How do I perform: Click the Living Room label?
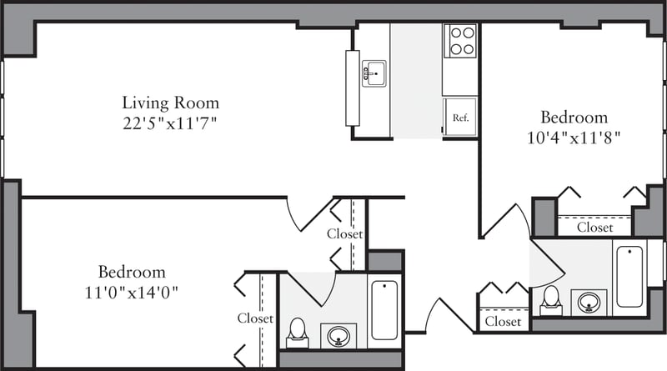pyautogui.click(x=171, y=103)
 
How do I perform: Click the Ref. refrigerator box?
pyautogui.click(x=460, y=118)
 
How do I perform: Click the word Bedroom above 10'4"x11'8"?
pyautogui.click(x=574, y=117)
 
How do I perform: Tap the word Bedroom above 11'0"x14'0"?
pyautogui.click(x=132, y=273)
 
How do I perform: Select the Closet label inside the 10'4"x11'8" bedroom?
pyautogui.click(x=595, y=227)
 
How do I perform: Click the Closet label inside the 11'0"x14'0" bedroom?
pyautogui.click(x=254, y=318)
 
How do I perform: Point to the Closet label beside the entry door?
pyautogui.click(x=503, y=321)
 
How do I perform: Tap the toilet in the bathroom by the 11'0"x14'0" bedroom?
pyautogui.click(x=298, y=332)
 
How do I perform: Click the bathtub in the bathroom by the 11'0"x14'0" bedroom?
pyautogui.click(x=384, y=310)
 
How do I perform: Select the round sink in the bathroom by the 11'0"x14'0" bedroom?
pyautogui.click(x=339, y=336)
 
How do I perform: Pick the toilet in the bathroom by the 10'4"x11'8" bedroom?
pyautogui.click(x=550, y=298)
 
